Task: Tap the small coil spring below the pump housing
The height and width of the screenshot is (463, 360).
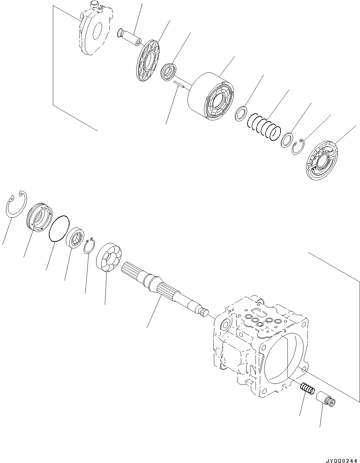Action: coord(307,388)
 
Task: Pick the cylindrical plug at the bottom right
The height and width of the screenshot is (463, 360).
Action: coord(326,399)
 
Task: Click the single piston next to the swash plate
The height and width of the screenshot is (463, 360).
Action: coord(130,37)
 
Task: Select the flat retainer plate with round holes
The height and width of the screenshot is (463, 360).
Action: coord(148,60)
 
